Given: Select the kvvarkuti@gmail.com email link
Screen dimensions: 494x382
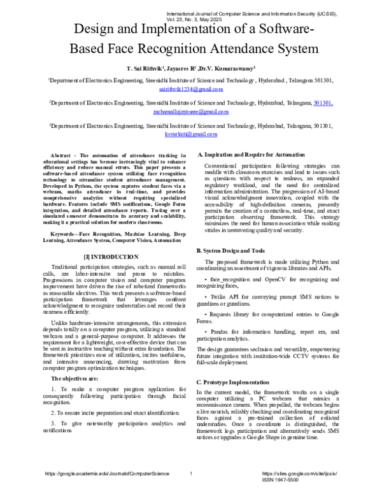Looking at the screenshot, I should point(191,134).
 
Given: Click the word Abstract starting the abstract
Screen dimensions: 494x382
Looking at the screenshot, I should point(62,155).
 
